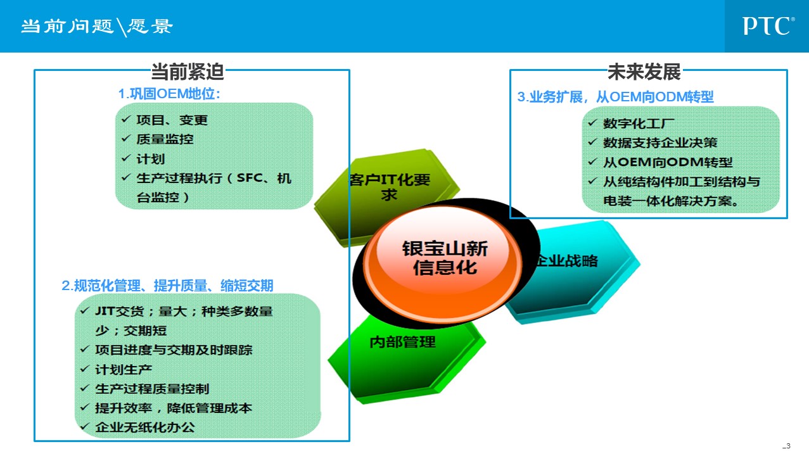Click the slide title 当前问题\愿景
[x=97, y=27]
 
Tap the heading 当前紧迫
[x=188, y=72]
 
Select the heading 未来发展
[x=644, y=72]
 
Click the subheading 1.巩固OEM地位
[x=169, y=94]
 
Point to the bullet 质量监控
[x=165, y=139]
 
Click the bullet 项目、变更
[x=172, y=120]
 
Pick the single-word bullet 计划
[x=151, y=159]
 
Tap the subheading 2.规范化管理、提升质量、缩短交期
[x=168, y=286]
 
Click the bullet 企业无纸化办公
[x=145, y=427]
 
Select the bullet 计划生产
[x=124, y=370]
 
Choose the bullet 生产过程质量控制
[x=152, y=389]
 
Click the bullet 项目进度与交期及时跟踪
[x=174, y=350]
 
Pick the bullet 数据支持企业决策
[x=660, y=143]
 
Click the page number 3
[x=787, y=446]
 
